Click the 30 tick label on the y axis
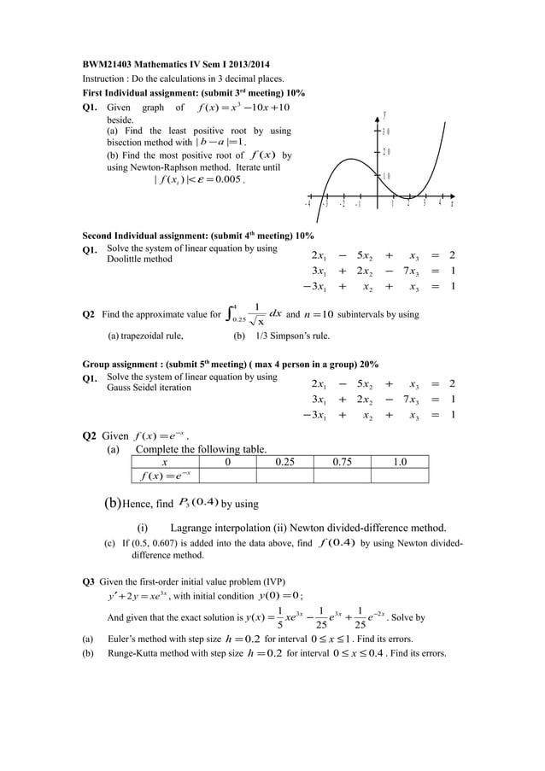[x=386, y=131]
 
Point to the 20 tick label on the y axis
[x=386, y=153]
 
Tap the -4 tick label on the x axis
[x=308, y=205]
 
